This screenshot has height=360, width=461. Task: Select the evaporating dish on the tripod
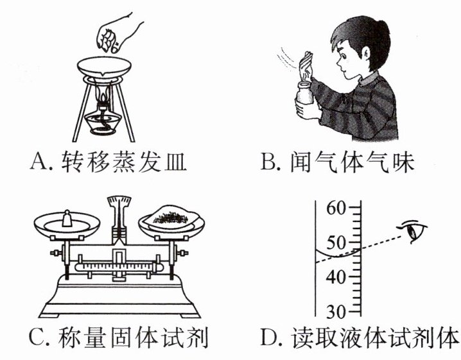(103, 67)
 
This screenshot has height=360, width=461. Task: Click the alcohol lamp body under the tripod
(101, 123)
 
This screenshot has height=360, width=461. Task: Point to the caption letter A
(38, 163)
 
